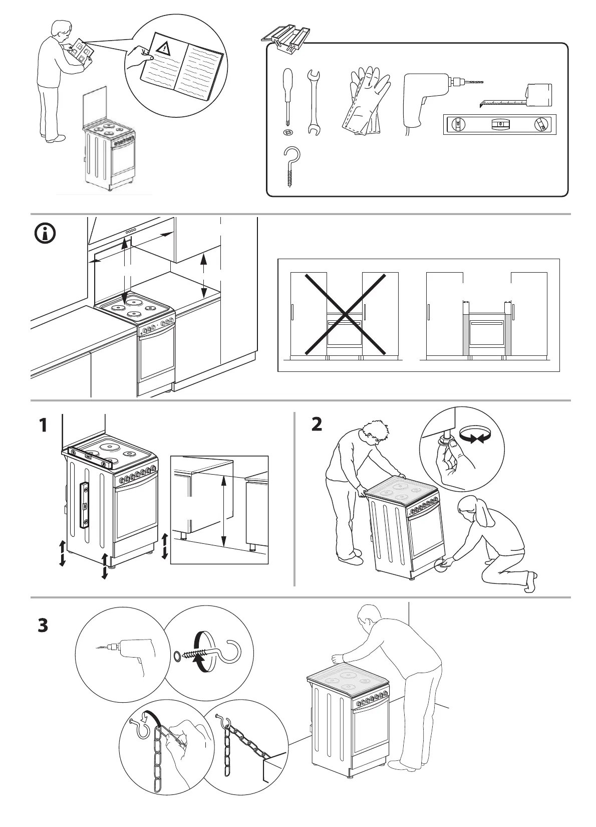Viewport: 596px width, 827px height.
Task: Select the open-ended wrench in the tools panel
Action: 315,103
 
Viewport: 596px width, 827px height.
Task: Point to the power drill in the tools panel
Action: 426,98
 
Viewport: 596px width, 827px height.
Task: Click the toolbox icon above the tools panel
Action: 286,38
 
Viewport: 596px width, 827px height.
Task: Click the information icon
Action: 46,234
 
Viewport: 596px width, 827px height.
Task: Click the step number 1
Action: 44,426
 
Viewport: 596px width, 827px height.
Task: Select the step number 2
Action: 317,425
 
